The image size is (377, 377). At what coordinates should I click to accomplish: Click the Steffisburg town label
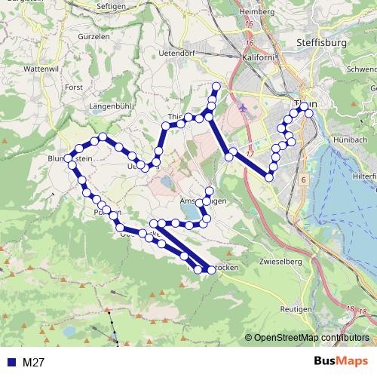pyautogui.click(x=322, y=43)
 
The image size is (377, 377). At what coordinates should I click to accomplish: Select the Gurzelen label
pyautogui.click(x=93, y=36)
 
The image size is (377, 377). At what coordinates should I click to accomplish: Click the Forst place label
pyautogui.click(x=74, y=87)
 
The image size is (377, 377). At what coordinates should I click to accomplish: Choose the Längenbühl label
pyautogui.click(x=112, y=106)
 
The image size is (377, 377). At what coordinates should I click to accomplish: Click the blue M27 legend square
pyautogui.click(x=11, y=362)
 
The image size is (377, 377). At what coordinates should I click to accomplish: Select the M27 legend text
pyautogui.click(x=34, y=362)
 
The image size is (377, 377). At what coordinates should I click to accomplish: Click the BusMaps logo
pyautogui.click(x=340, y=361)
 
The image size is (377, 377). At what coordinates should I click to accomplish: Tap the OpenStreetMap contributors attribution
pyautogui.click(x=312, y=338)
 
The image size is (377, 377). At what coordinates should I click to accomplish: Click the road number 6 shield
pyautogui.click(x=302, y=180)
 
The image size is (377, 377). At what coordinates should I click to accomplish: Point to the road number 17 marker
pyautogui.click(x=271, y=154)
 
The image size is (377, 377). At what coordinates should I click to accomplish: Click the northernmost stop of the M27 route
pyautogui.click(x=217, y=84)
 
